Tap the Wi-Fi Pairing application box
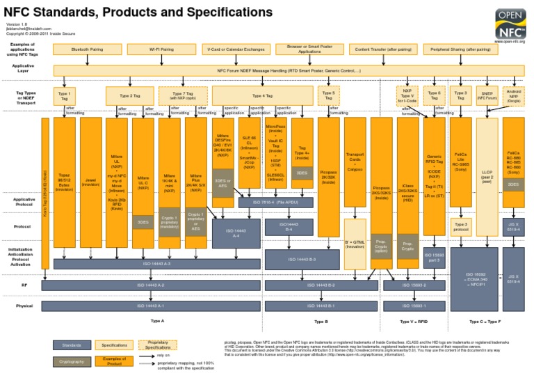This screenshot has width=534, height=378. pyautogui.click(x=161, y=50)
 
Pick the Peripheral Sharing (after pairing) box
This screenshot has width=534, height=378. pyautogui.click(x=460, y=50)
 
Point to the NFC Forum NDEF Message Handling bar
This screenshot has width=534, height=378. pyautogui.click(x=289, y=70)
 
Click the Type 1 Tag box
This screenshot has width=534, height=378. pyautogui.click(x=65, y=96)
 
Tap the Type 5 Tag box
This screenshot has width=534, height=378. pyautogui.click(x=328, y=95)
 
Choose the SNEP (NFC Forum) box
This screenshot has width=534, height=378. pyautogui.click(x=487, y=95)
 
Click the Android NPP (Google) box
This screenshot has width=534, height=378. pyautogui.click(x=513, y=95)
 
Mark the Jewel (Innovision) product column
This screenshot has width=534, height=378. pyautogui.click(x=91, y=182)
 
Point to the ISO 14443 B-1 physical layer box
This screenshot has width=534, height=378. pyautogui.click(x=321, y=306)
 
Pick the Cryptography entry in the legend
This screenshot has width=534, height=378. pyautogui.click(x=72, y=362)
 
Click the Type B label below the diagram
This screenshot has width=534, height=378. pyautogui.click(x=321, y=322)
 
